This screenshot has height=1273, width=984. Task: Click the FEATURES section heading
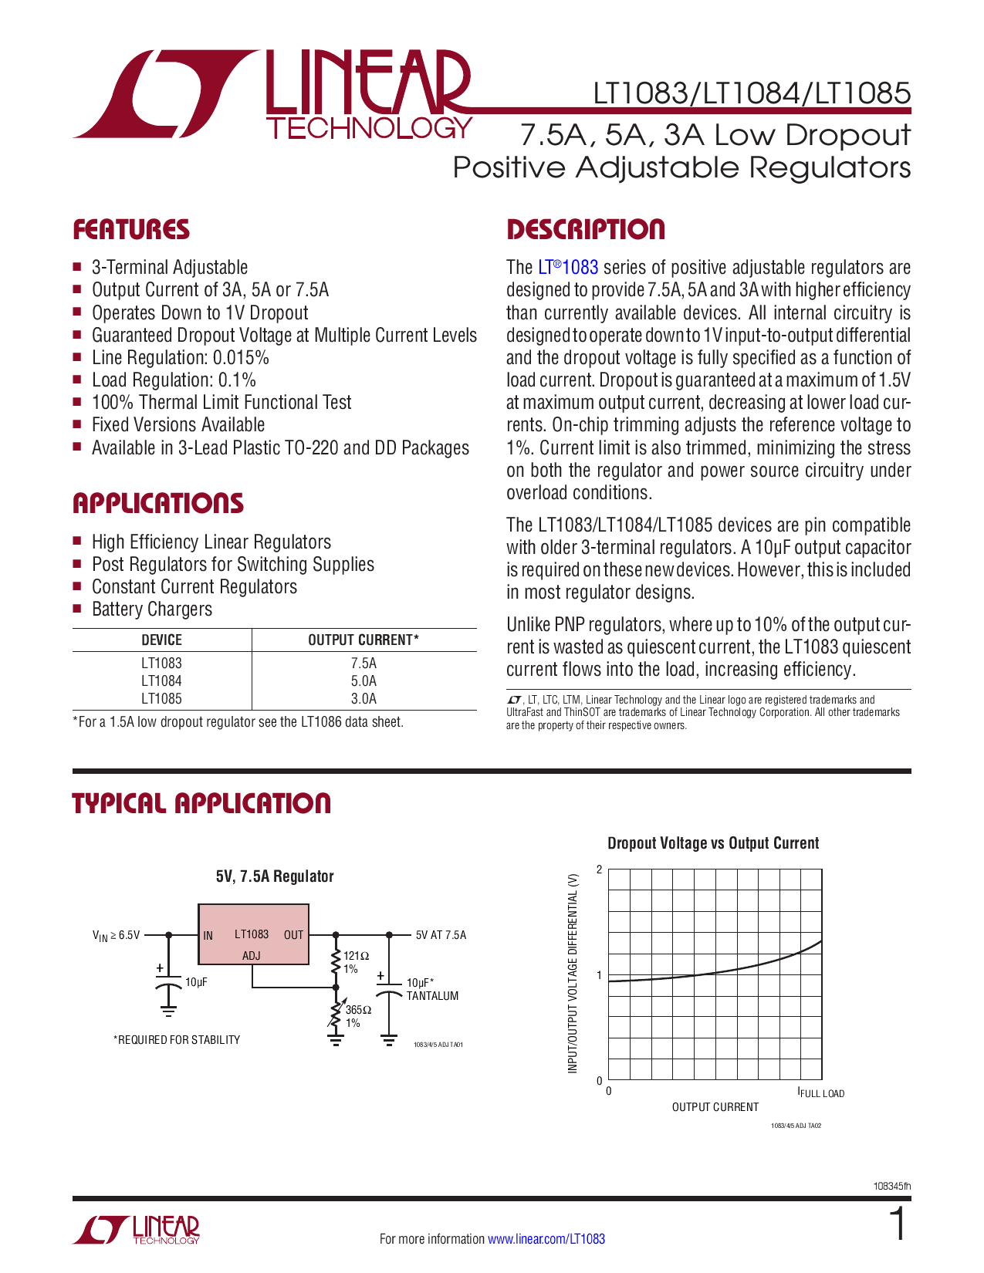click(130, 230)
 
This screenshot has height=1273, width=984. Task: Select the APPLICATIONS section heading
click(157, 504)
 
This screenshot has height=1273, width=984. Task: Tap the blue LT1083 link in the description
click(568, 268)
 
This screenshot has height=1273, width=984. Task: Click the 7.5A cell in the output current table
click(364, 664)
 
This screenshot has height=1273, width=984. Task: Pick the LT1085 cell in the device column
click(161, 699)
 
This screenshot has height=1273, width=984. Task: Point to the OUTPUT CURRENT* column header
click(364, 640)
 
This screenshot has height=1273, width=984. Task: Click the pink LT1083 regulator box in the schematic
click(253, 934)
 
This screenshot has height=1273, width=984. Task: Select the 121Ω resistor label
click(356, 956)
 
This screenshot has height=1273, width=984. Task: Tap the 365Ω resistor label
click(358, 1010)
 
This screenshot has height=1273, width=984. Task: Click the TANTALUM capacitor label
click(432, 996)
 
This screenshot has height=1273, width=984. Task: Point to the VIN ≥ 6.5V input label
click(117, 936)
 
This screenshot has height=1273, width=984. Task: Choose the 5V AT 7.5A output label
click(441, 935)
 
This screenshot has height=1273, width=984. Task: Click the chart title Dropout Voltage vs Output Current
click(713, 843)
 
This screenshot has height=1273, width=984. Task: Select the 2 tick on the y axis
click(600, 869)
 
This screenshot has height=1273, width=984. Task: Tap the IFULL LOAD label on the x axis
click(821, 1093)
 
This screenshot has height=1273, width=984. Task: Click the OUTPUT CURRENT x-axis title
click(715, 1107)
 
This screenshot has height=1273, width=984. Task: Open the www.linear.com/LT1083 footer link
click(546, 1239)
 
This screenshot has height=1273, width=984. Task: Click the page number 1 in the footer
click(898, 1225)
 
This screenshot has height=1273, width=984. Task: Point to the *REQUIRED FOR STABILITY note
click(177, 1040)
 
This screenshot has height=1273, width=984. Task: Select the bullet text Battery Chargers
click(152, 609)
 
